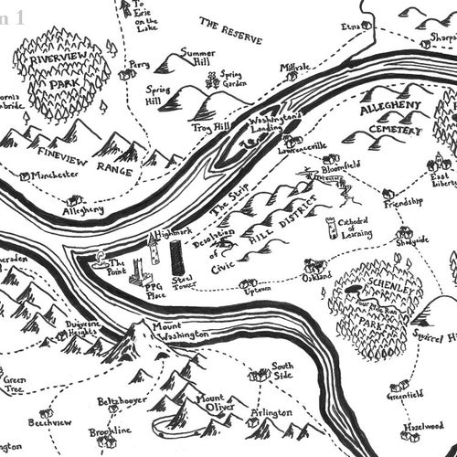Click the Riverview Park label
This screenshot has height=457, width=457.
coord(59,72)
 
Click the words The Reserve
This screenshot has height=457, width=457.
coord(230,31)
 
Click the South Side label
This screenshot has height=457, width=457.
coord(282,370)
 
